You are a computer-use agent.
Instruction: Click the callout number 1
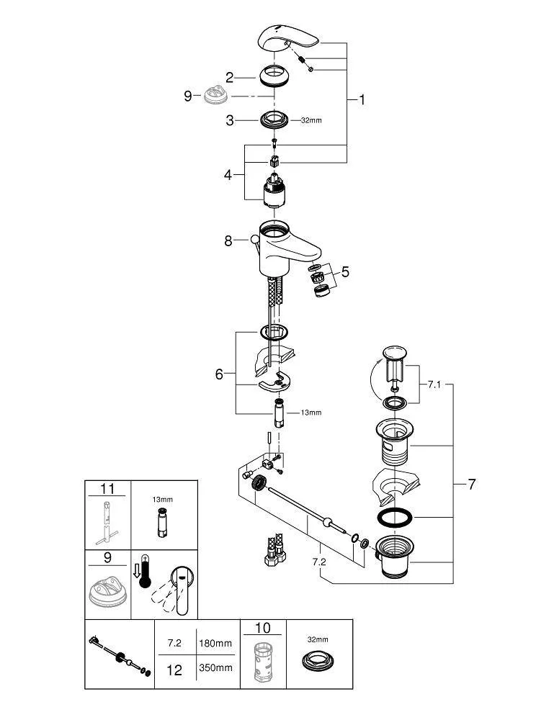(362, 100)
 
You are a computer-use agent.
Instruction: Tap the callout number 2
(229, 78)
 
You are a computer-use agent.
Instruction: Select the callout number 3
(229, 120)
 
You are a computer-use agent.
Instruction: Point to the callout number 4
(228, 175)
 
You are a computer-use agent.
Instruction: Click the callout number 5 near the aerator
(345, 272)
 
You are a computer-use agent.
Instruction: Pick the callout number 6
(220, 374)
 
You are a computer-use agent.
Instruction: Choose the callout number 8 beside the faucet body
(228, 241)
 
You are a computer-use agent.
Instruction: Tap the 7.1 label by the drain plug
(433, 385)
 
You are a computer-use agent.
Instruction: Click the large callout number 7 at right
(472, 485)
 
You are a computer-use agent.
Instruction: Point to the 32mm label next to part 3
(311, 120)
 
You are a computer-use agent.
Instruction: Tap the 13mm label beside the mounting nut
(311, 413)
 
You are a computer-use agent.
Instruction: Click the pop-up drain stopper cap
(394, 354)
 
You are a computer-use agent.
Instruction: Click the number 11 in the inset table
(107, 489)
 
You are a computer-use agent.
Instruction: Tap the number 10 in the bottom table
(262, 629)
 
